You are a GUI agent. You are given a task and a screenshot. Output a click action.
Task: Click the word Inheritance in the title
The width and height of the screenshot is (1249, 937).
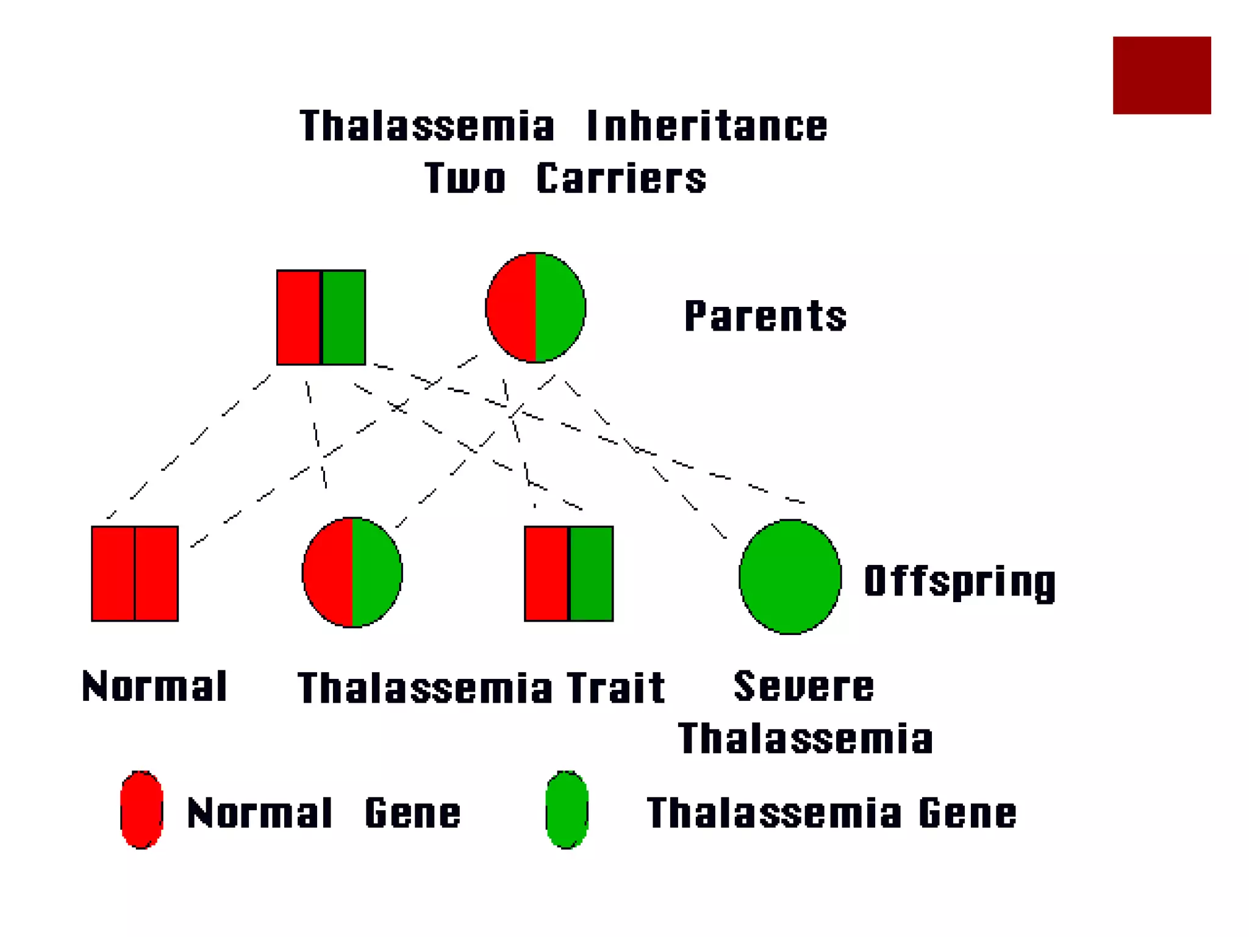tap(707, 126)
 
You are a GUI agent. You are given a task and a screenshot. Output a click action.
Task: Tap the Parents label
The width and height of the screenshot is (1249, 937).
tap(765, 316)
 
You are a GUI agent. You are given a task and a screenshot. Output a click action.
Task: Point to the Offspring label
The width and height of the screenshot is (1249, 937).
tap(960, 581)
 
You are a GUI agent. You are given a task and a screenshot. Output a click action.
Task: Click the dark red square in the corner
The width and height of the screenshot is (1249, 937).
tap(1161, 75)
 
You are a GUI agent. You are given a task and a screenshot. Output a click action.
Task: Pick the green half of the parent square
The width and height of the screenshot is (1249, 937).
tap(343, 317)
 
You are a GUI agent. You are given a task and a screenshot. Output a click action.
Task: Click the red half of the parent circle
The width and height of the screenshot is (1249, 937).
tap(512, 307)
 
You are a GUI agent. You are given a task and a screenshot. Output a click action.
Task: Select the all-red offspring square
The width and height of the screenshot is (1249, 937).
tap(135, 573)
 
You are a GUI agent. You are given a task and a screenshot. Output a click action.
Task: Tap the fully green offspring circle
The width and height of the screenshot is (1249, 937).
tap(790, 576)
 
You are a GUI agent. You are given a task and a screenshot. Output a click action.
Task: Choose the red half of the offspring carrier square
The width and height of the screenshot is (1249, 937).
tap(546, 573)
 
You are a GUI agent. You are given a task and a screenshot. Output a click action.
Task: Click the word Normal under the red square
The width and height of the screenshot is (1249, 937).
tap(154, 686)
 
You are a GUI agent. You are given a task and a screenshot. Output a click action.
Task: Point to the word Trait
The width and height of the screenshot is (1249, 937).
tap(615, 688)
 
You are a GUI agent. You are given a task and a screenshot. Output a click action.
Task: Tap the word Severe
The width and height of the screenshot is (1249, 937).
tap(804, 686)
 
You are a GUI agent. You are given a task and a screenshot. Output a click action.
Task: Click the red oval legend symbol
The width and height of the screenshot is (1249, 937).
tap(141, 810)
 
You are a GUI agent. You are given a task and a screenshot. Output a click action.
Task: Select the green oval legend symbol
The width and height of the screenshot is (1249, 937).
tap(567, 810)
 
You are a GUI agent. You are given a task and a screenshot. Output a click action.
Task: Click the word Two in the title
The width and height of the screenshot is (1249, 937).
tap(465, 179)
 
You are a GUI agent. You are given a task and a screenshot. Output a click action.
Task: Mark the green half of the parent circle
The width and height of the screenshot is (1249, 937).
tap(559, 307)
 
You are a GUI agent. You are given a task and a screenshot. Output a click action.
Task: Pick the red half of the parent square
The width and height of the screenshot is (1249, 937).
tap(299, 317)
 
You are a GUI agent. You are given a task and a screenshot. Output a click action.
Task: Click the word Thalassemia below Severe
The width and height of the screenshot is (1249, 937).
tap(805, 739)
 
